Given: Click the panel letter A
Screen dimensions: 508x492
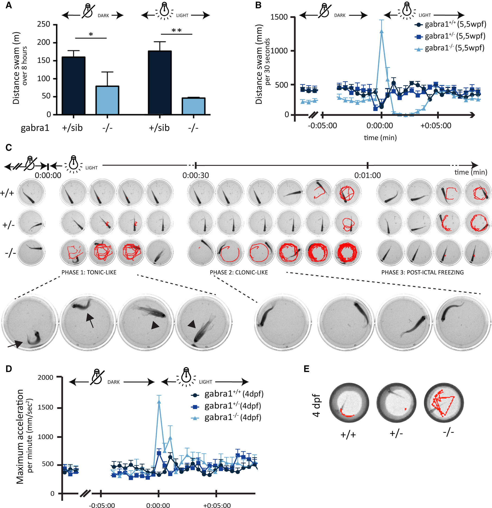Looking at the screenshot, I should click(9, 5).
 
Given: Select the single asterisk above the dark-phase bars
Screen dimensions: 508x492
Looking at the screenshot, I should click(91, 34).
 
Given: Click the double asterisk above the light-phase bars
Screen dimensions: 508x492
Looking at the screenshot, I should click(177, 31).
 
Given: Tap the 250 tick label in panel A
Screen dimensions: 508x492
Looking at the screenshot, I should click(43, 24).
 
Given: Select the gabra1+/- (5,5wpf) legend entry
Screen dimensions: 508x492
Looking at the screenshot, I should click(450, 36).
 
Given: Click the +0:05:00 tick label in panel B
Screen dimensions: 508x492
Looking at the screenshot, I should click(436, 126).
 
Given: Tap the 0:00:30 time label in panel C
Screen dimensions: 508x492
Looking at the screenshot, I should click(195, 175).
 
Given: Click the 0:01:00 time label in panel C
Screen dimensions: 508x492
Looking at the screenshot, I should click(367, 175).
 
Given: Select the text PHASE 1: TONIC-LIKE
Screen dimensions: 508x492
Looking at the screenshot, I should click(89, 272).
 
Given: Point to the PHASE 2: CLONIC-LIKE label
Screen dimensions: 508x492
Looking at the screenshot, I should click(239, 272).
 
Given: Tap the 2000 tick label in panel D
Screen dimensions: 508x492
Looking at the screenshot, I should click(45, 378).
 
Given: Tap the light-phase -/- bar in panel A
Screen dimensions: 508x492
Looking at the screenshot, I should click(194, 106).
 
